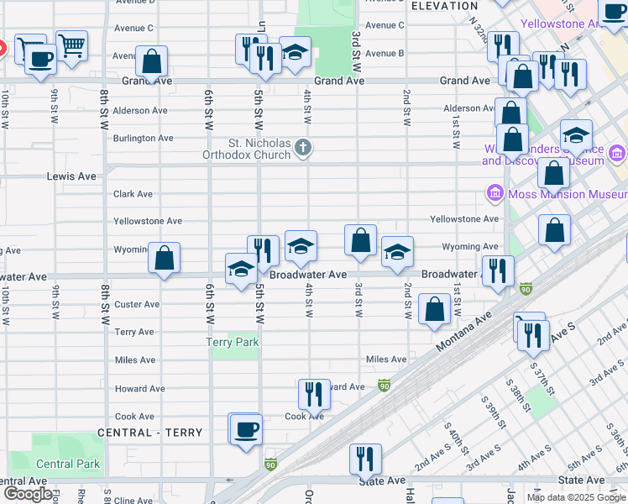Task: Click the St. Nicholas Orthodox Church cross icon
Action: click(x=303, y=149)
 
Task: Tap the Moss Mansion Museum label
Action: click(x=560, y=195)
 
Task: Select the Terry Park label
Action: click(x=233, y=342)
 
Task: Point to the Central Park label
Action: click(x=68, y=464)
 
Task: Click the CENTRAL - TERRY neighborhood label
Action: click(x=150, y=433)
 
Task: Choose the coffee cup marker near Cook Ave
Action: click(x=246, y=430)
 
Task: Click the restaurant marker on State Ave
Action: click(x=365, y=459)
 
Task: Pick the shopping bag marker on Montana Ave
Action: click(x=434, y=309)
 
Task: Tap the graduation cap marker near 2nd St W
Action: click(x=397, y=251)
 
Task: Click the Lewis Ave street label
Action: click(x=76, y=177)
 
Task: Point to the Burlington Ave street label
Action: click(x=144, y=138)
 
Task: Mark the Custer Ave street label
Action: click(x=137, y=304)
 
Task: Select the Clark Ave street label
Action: click(x=133, y=194)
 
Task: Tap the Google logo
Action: click(x=27, y=494)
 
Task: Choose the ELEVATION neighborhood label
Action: click(x=446, y=6)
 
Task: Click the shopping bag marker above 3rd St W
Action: click(x=360, y=240)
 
